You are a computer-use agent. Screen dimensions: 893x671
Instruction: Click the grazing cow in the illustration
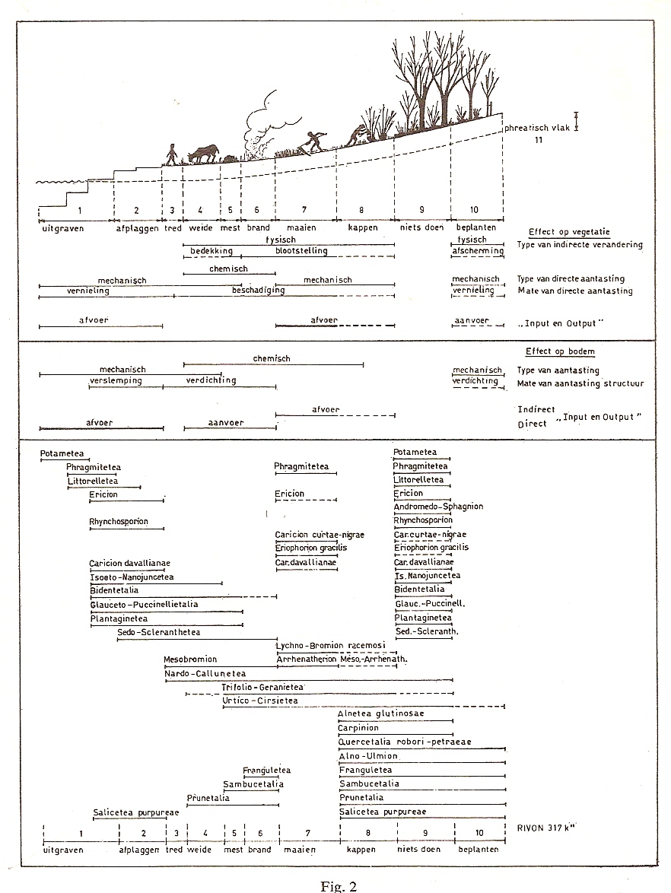coord(203,154)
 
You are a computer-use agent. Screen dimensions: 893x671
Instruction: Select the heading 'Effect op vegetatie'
coord(569,232)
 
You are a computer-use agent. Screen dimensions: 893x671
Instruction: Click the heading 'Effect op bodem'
coord(559,352)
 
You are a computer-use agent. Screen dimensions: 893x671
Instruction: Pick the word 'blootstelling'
coord(301,250)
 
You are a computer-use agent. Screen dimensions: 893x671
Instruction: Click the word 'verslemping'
coord(116,380)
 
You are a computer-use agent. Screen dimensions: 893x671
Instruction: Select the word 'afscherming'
coord(478,250)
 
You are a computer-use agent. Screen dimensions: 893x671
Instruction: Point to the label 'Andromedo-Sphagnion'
coord(438,507)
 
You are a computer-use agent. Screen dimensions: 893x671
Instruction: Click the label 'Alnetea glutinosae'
coord(381,713)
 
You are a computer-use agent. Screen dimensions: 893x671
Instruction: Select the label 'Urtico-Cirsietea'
coord(260,700)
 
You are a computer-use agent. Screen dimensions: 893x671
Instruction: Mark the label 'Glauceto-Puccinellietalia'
coord(144,604)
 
